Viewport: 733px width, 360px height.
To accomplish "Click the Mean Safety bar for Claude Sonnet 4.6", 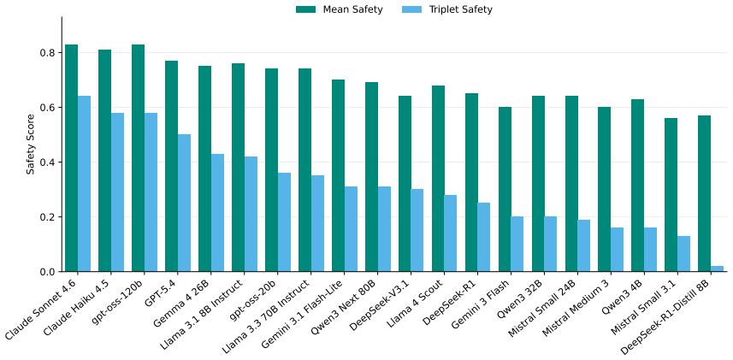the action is [x=72, y=158].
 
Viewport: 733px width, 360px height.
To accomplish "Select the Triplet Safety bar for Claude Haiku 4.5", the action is [x=118, y=192].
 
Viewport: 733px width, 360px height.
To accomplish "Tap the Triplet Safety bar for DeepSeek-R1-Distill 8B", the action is [x=704, y=269].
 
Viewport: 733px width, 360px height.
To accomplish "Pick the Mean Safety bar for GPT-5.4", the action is [x=172, y=166].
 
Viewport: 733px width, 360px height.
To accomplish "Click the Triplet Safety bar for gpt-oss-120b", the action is [x=151, y=192].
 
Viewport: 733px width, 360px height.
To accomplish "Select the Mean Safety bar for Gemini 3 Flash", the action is [x=505, y=189].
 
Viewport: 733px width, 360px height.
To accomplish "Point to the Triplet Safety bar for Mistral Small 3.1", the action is [x=683, y=254].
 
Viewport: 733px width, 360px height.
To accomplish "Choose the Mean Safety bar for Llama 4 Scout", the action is [x=438, y=179].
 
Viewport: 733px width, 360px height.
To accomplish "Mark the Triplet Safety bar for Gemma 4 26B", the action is [x=217, y=213].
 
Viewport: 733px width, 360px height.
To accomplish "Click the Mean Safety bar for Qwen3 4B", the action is [x=638, y=186].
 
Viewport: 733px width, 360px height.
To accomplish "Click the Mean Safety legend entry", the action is [x=340, y=9].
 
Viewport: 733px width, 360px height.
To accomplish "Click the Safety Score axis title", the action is [x=31, y=144].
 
